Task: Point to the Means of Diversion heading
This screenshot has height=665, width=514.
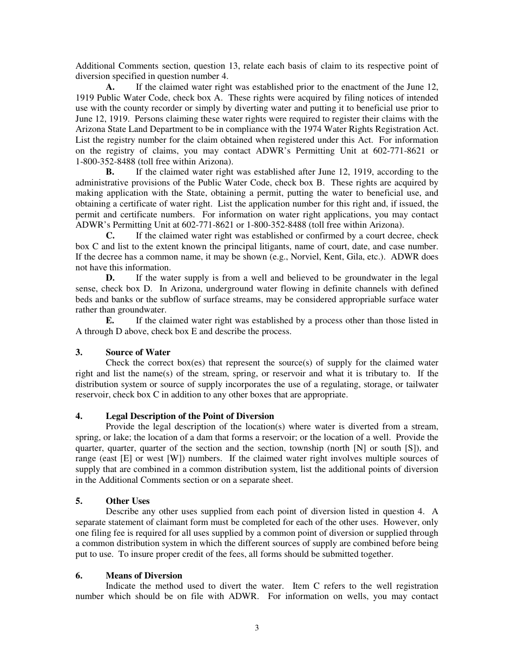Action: (144, 576)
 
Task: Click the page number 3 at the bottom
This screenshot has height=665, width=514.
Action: (257, 628)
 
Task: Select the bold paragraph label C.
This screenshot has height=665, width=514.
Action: (110, 236)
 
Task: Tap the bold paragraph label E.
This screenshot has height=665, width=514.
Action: (110, 321)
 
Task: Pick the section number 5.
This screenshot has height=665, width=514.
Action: (78, 501)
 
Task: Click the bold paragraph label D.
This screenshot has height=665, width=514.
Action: (110, 278)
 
